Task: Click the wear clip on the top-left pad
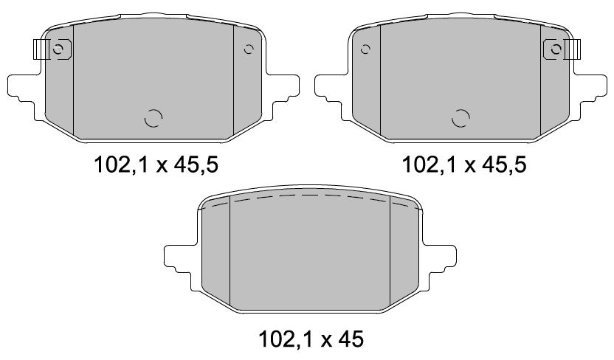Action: (41, 49)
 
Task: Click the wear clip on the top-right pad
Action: (573, 49)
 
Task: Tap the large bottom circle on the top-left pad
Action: (153, 118)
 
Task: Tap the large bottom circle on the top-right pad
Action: (460, 118)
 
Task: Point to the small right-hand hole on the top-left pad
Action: (248, 49)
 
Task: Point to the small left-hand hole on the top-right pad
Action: (365, 49)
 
